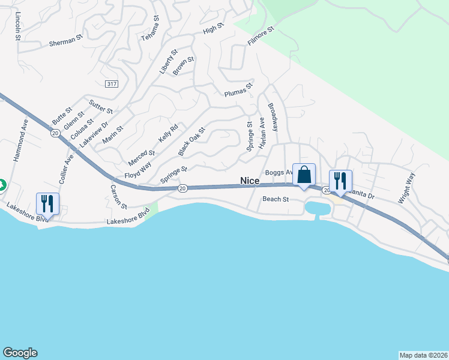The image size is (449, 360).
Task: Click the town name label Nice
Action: [x=250, y=180]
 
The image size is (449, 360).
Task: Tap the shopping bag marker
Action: [x=304, y=175]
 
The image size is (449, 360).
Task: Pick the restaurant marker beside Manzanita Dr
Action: [x=340, y=181]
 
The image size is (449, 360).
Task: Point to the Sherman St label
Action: [x=65, y=42]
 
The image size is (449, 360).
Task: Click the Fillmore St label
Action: [x=261, y=37]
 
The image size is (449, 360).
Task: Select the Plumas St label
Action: [x=239, y=90]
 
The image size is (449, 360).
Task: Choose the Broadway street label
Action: [x=273, y=117]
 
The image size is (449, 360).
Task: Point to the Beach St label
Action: [x=275, y=199]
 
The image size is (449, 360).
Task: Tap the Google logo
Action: [x=20, y=353]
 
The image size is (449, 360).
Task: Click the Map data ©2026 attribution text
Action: [x=423, y=355]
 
